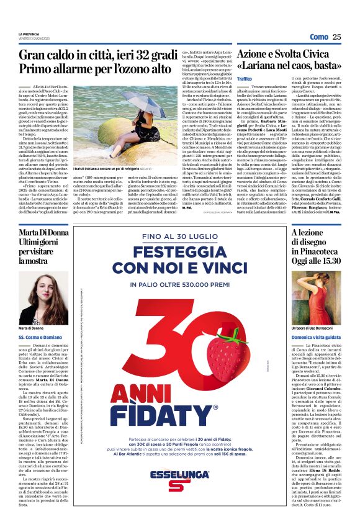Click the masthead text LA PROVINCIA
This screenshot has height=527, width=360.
(29, 34)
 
